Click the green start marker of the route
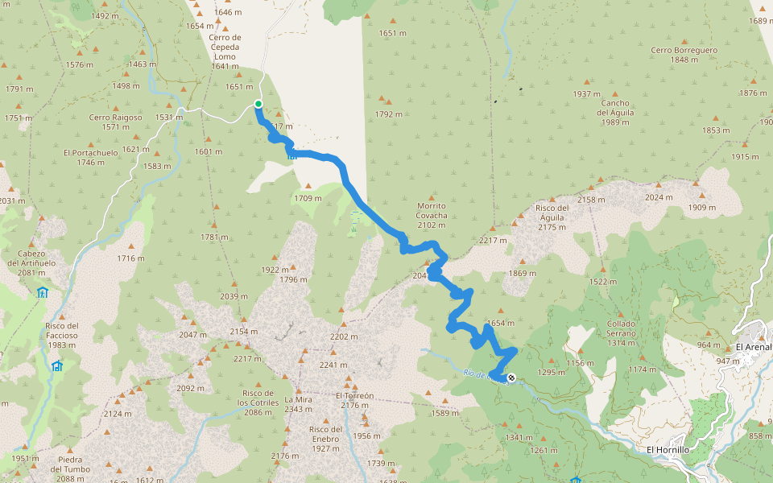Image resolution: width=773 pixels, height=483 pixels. click(x=258, y=103)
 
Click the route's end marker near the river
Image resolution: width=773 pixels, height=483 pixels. click(x=511, y=378)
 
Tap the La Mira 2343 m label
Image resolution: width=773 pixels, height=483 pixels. click(x=298, y=404)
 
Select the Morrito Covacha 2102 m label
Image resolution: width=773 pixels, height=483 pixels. click(x=432, y=215)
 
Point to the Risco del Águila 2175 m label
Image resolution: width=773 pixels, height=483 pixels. click(x=552, y=217)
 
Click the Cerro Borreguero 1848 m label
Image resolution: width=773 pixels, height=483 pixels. click(x=684, y=55)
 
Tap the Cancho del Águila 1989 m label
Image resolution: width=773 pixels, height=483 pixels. click(x=614, y=112)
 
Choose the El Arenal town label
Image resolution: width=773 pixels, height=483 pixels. click(x=753, y=347)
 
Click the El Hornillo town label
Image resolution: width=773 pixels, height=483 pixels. click(x=668, y=450)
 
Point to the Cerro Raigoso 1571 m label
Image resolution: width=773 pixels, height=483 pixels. click(x=116, y=122)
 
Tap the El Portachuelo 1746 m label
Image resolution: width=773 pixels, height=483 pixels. click(x=90, y=157)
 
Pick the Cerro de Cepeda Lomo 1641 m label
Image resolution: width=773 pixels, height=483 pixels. click(x=225, y=52)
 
